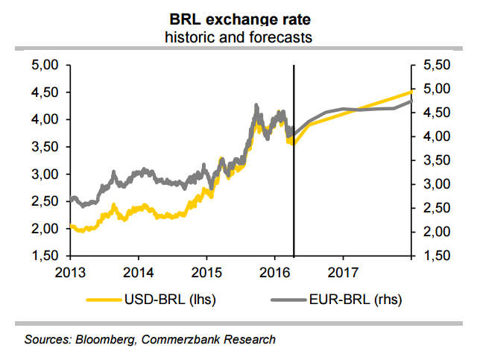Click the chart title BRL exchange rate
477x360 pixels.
pos(238,18)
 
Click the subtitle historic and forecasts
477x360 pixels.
pos(238,37)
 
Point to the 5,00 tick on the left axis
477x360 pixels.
pos(45,66)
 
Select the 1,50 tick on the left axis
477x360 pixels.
pos(45,256)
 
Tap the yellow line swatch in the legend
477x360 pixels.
pos(104,300)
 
